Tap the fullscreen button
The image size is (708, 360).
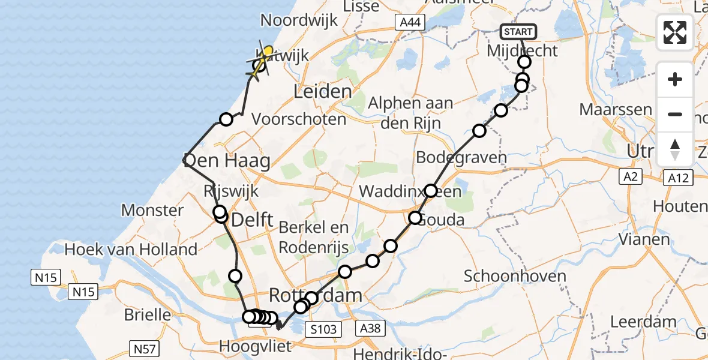(675, 32)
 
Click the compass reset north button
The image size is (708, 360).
(675, 149)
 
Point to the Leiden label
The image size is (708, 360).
(322, 92)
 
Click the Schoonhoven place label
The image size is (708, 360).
(515, 277)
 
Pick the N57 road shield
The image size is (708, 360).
(144, 347)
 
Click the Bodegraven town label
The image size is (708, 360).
(461, 158)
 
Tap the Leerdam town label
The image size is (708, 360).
(643, 321)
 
